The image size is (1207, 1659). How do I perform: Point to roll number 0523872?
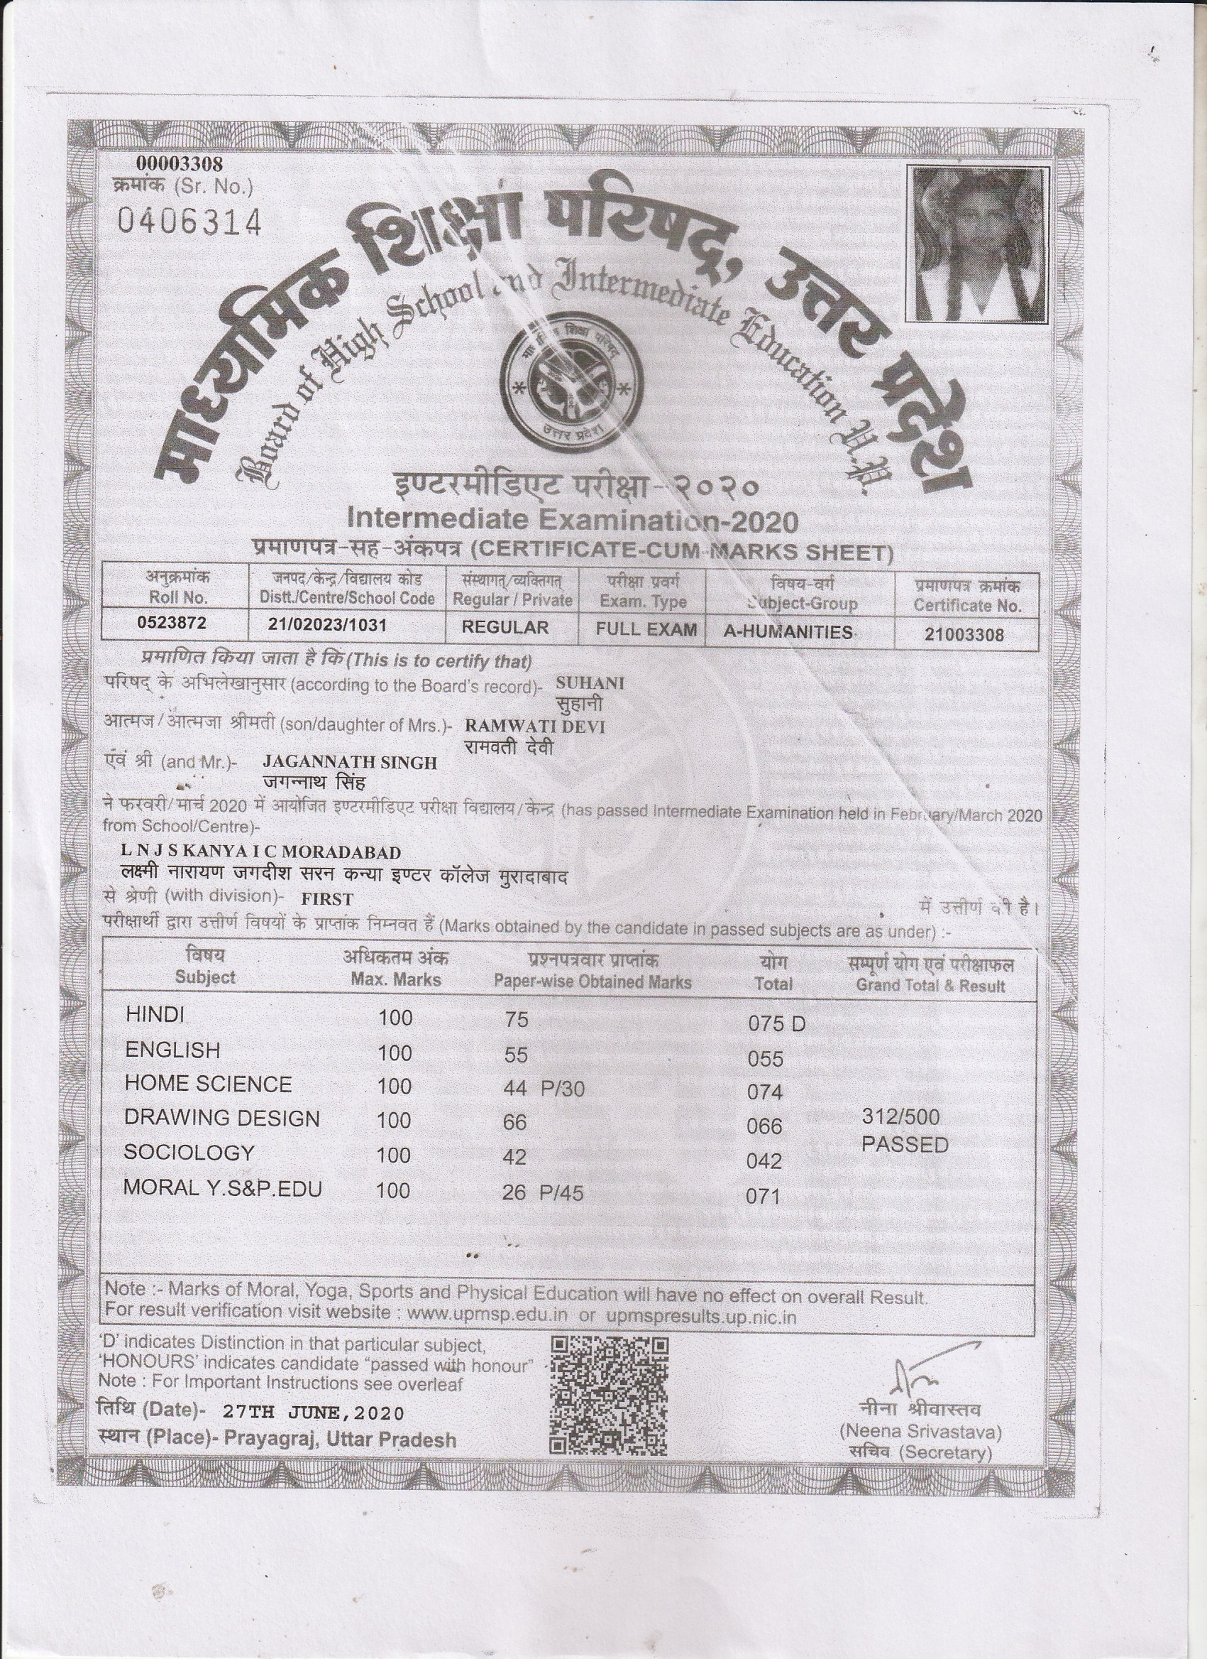pos(172,624)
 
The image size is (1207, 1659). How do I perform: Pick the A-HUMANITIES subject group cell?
pos(788,631)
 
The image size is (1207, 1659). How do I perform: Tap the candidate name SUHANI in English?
pos(590,682)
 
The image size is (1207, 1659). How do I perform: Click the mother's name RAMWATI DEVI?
pos(535,725)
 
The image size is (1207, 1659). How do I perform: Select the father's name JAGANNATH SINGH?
pos(349,762)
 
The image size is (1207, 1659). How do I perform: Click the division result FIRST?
pos(328,899)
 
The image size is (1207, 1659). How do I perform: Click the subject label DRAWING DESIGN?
pos(221,1118)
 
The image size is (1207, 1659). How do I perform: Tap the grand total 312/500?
pos(900,1117)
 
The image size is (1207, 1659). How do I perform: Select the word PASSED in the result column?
pos(904,1145)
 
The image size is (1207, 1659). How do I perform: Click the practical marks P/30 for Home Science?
pos(562,1089)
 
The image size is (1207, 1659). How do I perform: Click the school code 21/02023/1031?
pos(328,626)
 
